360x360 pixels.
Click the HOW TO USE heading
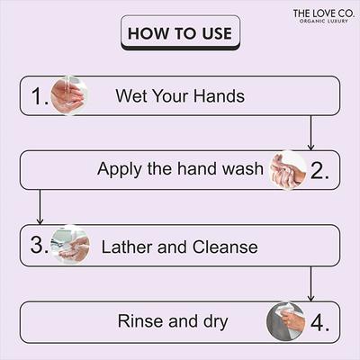tap(180, 34)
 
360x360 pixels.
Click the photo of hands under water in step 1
tap(68, 95)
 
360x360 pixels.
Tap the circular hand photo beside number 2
tap(289, 169)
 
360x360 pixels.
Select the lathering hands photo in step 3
tap(70, 245)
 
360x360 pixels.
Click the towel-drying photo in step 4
tap(286, 320)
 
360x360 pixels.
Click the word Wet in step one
tap(131, 96)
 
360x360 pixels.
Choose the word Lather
tap(127, 246)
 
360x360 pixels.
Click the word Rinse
tap(140, 320)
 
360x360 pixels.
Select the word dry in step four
tap(212, 322)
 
